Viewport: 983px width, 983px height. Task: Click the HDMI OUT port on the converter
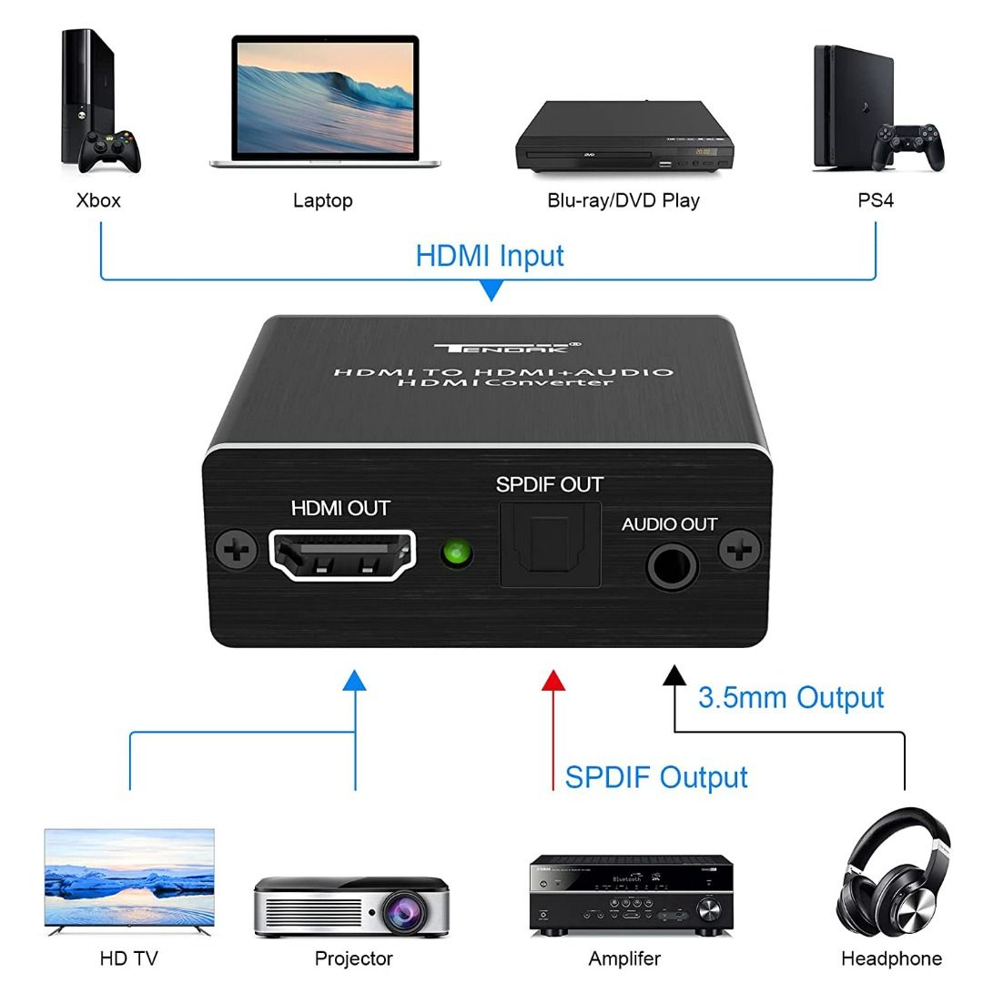click(342, 556)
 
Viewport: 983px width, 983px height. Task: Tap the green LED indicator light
click(455, 553)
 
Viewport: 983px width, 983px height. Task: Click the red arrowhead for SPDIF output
click(552, 681)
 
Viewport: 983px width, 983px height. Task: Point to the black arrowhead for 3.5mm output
click(674, 675)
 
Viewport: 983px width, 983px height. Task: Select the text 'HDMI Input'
click(490, 256)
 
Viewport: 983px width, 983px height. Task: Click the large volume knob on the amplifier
click(710, 908)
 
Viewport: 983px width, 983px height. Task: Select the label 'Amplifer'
click(624, 958)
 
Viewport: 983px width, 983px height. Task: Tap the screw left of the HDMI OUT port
click(235, 552)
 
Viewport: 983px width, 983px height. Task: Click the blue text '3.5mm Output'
click(790, 698)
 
